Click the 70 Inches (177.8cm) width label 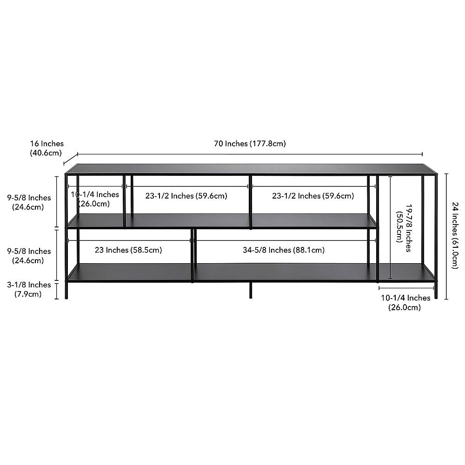point(250,144)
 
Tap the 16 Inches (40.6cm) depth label point(46,148)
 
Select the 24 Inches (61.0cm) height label point(455,235)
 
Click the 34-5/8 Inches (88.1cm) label point(284,250)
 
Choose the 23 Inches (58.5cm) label point(128,250)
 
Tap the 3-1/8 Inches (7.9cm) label point(29,289)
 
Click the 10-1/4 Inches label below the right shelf point(405,303)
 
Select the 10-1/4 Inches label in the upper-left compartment point(94,199)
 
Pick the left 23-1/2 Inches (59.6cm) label point(186,196)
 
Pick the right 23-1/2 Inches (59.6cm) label point(313,196)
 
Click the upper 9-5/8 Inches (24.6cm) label point(29,202)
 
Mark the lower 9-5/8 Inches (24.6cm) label point(29,256)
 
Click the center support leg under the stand point(251,290)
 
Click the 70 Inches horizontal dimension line point(250,154)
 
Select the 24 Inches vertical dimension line point(446,236)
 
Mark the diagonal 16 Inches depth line point(71,159)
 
